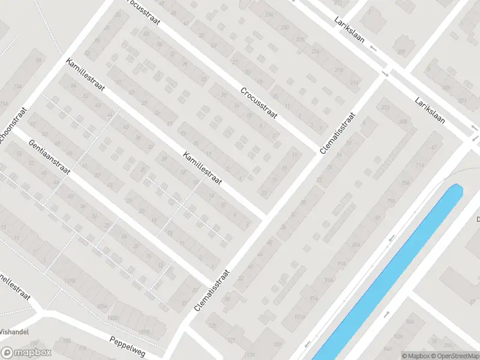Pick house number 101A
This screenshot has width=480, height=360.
[x=300, y=316]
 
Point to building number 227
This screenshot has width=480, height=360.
[x=401, y=52]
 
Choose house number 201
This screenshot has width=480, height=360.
[x=462, y=101]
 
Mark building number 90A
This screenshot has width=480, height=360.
[x=410, y=322]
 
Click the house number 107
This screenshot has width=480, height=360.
[x=277, y=344]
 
